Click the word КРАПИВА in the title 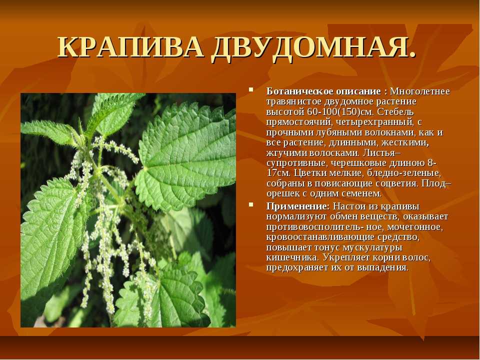click(130, 48)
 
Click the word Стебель click(395, 111)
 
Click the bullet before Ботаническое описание click(251, 90)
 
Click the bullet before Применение click(251, 204)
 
